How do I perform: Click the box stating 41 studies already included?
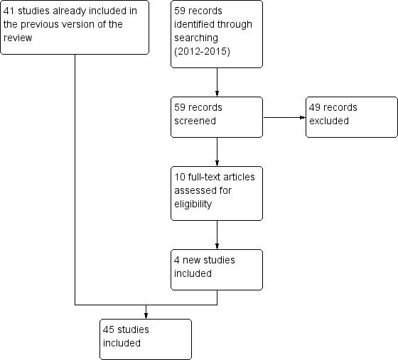75,28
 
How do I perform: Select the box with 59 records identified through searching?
217,34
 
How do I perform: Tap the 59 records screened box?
217,117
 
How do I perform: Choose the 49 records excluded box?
351,117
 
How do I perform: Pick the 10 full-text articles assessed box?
217,193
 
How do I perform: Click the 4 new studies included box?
217,269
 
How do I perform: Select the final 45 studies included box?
146,339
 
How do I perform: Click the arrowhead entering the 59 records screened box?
217,94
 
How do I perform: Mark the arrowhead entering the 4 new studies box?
217,246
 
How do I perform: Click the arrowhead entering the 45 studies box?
146,315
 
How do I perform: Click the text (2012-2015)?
201,52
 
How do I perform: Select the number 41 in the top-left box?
9,11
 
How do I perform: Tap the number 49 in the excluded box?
315,108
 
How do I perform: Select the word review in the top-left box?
18,38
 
